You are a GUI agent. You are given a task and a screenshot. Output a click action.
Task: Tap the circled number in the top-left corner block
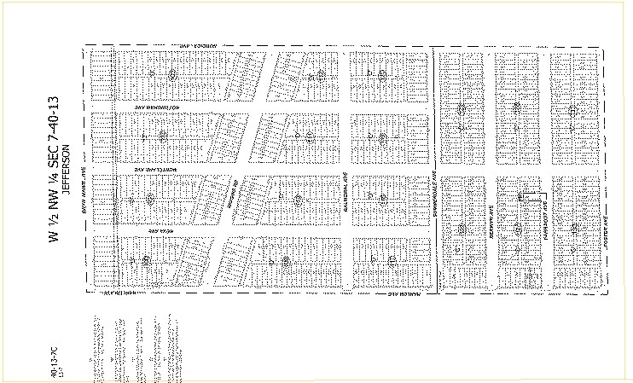(x=172, y=74)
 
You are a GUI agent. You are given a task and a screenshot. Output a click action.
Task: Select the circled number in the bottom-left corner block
(x=147, y=260)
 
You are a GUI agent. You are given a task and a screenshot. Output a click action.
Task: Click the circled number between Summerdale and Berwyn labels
(x=462, y=228)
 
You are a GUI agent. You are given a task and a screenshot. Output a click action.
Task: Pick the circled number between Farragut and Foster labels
(x=574, y=228)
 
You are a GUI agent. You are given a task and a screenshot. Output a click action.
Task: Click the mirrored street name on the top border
(x=189, y=45)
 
